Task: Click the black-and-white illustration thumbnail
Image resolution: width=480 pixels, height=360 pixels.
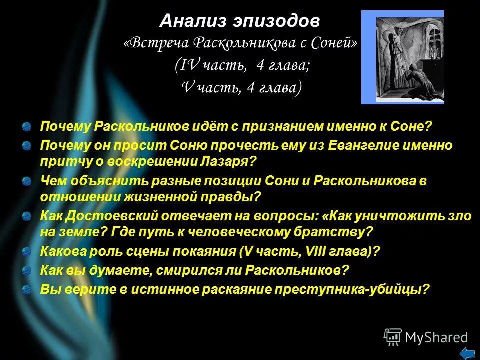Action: click(402, 57)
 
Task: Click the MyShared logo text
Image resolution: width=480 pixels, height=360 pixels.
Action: click(436, 337)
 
